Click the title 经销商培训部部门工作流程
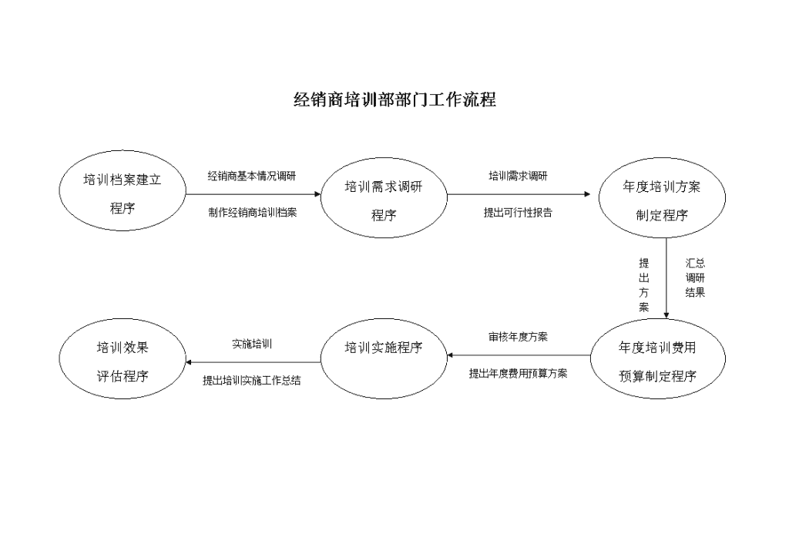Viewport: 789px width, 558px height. (x=394, y=99)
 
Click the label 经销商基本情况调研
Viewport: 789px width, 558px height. (x=252, y=176)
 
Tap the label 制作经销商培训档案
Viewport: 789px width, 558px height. (x=253, y=212)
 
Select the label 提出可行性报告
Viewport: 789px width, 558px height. (x=518, y=212)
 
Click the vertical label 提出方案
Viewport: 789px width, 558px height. (x=644, y=285)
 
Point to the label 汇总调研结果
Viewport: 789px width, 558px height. (x=695, y=277)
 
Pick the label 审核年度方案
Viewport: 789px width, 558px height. (x=518, y=337)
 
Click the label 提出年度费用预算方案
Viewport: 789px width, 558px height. (x=518, y=373)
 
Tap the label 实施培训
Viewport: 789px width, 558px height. (x=252, y=345)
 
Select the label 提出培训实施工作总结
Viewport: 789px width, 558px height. (x=252, y=381)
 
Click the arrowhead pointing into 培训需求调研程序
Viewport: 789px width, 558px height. (x=317, y=194)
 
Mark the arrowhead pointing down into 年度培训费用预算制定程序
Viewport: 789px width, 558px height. (x=666, y=315)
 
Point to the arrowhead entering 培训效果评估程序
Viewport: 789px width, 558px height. (x=189, y=362)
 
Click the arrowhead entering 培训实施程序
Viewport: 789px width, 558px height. (x=450, y=355)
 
